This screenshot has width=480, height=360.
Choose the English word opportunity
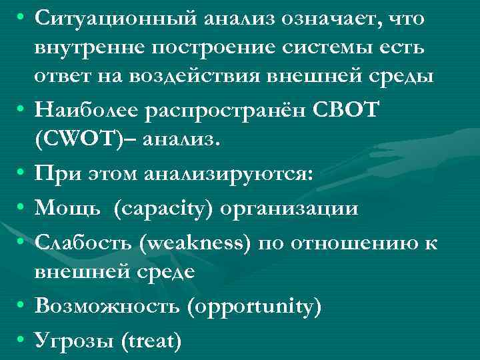[256, 307]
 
